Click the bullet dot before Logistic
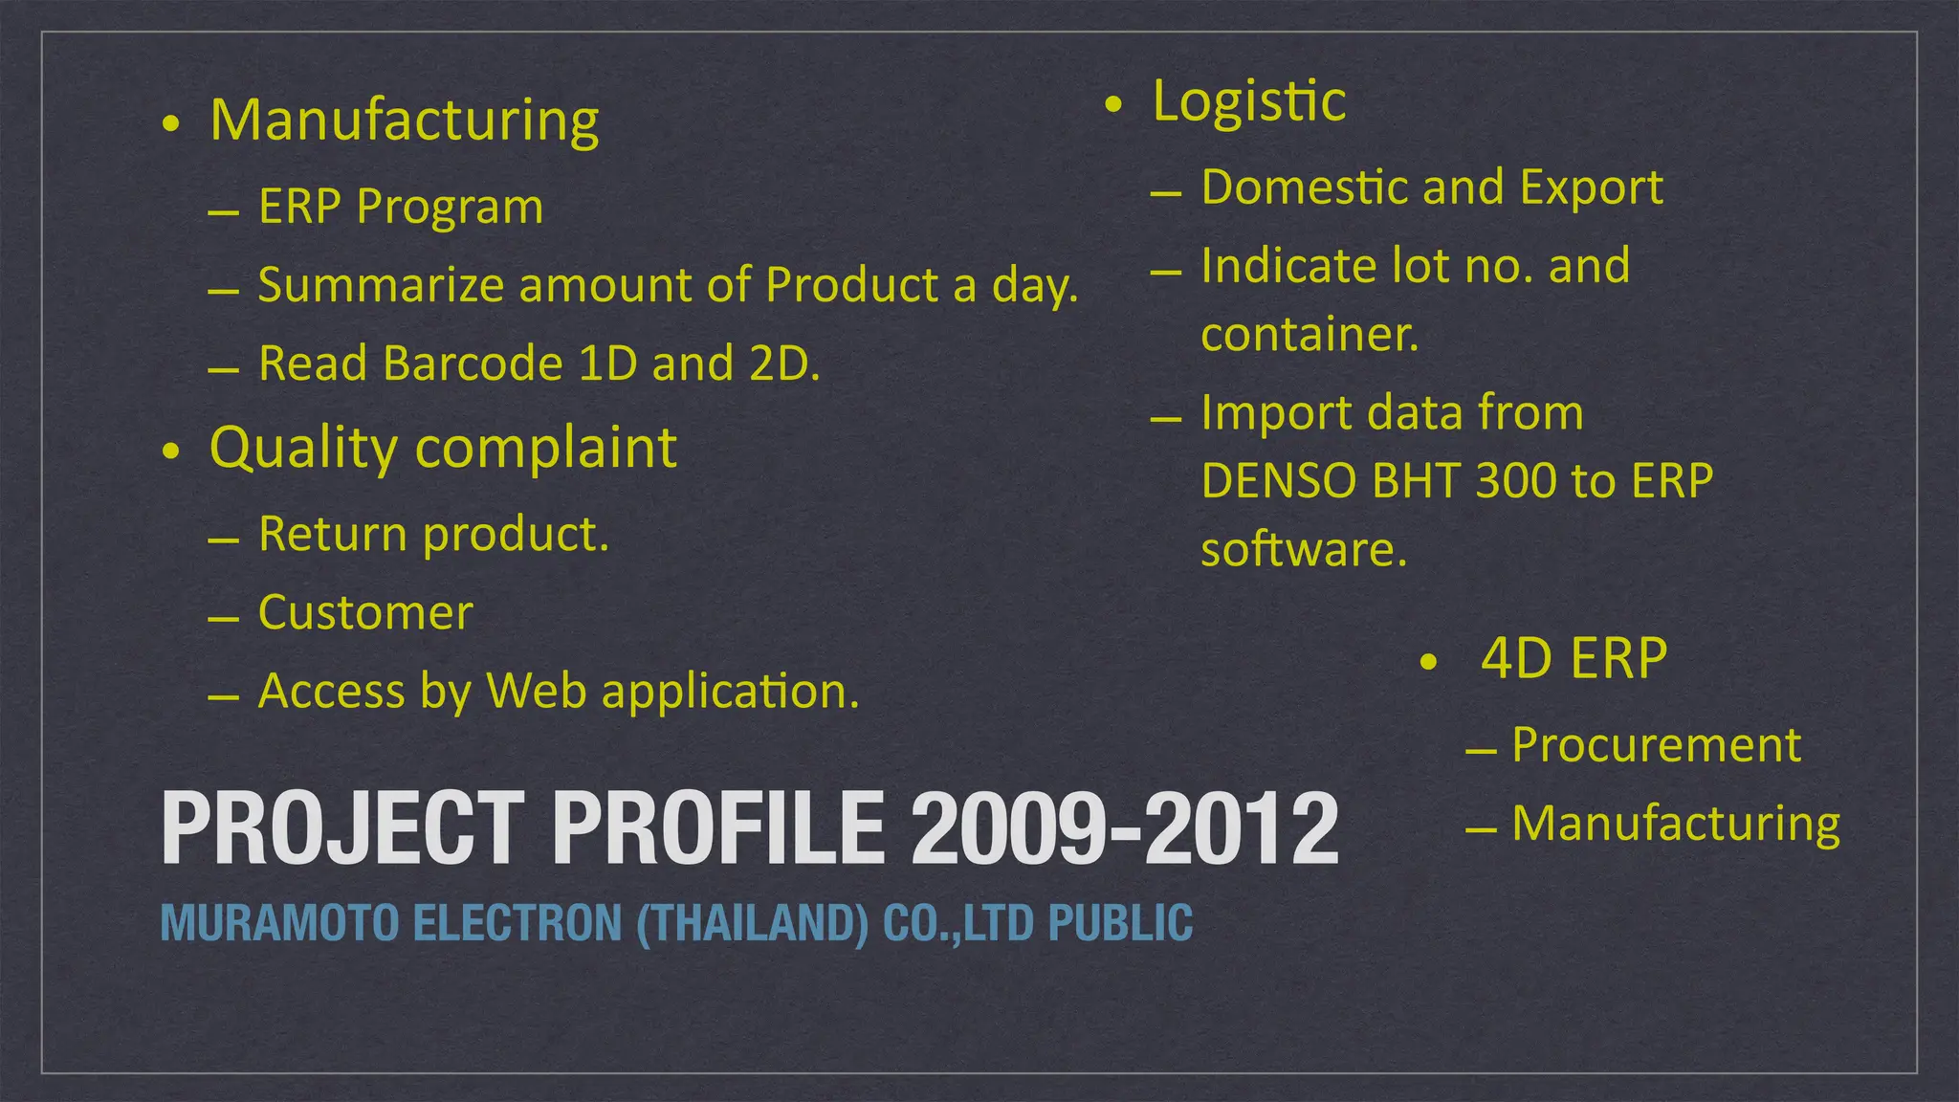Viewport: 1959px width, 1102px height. click(1112, 104)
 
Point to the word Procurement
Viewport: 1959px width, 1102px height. click(1656, 745)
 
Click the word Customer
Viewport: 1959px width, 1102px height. click(365, 613)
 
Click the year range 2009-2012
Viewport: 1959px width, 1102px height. click(1124, 828)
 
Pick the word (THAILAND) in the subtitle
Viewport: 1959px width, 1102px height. click(752, 923)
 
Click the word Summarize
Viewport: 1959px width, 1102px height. click(381, 285)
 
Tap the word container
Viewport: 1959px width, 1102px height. click(1310, 335)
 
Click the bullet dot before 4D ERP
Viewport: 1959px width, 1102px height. click(1428, 662)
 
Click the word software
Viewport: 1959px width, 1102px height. click(1304, 550)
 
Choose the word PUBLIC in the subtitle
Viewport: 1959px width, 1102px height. click(1120, 923)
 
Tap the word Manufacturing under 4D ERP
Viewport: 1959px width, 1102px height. click(1675, 824)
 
